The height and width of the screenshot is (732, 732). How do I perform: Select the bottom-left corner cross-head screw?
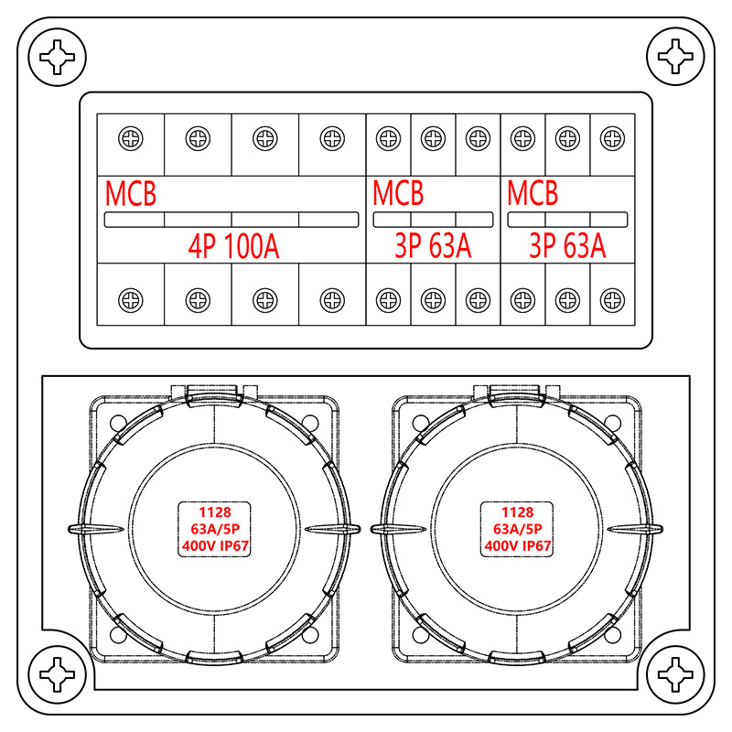pos(57,676)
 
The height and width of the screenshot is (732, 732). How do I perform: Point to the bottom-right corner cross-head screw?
pos(675,676)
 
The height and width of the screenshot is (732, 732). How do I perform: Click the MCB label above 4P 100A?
pos(131,194)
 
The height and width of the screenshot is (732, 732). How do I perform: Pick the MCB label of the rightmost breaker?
pos(533,194)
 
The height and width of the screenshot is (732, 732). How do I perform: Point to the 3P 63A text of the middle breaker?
pos(433,246)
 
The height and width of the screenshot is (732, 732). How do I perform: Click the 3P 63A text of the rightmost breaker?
pos(567,246)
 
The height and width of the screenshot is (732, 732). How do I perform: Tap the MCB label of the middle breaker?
pos(398,194)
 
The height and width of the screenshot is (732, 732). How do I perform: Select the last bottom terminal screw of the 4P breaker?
pos(332,299)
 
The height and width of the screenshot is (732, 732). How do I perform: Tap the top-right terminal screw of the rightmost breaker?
pos(611,139)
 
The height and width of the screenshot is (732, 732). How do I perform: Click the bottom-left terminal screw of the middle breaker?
pos(388,299)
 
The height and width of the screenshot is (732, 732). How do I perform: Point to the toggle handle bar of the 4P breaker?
pos(231,220)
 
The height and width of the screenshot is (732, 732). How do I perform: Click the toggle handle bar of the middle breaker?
pos(433,220)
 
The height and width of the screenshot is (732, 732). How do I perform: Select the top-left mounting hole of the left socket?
pos(115,424)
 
